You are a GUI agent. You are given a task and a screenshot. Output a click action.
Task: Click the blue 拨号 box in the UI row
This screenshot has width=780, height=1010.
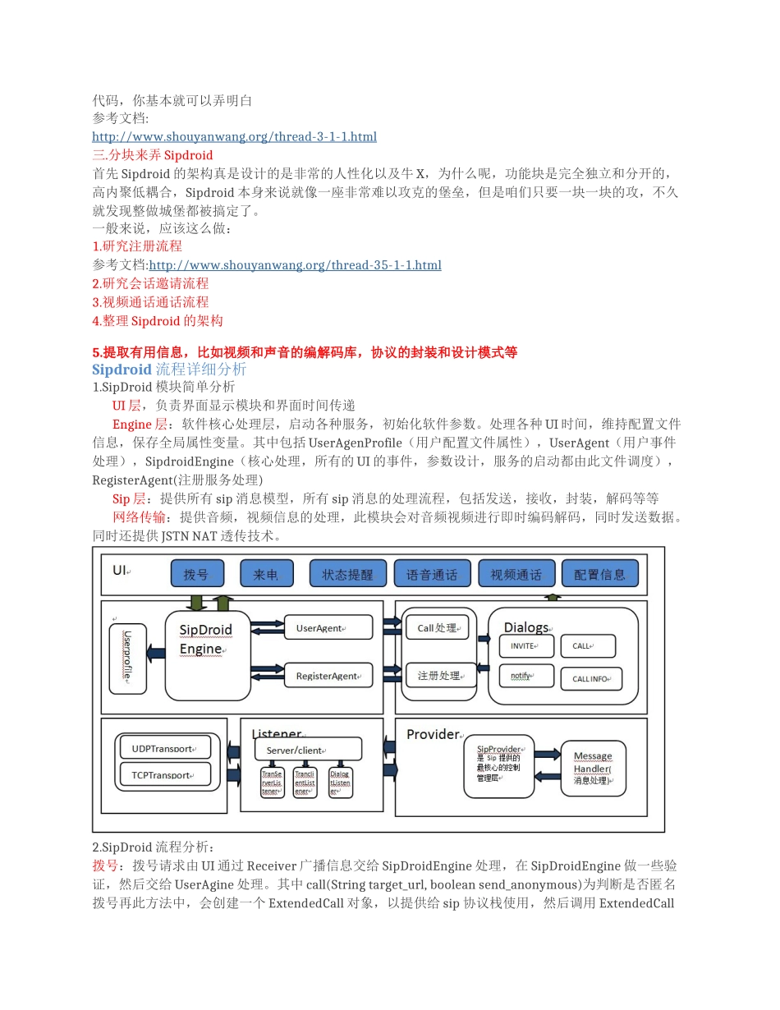(x=196, y=573)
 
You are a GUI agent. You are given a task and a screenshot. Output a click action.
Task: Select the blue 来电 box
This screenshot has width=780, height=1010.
(x=266, y=573)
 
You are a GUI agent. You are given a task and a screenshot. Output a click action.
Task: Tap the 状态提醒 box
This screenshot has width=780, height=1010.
(x=346, y=573)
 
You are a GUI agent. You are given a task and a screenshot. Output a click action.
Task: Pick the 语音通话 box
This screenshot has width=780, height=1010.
(x=432, y=573)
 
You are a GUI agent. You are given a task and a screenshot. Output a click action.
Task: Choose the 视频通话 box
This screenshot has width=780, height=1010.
(x=516, y=573)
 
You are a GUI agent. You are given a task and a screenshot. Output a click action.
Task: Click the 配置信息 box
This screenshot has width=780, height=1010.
(x=599, y=573)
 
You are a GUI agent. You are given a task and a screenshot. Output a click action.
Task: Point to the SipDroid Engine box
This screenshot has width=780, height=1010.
(x=209, y=654)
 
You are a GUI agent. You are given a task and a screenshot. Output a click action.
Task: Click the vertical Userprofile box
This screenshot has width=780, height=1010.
(x=128, y=658)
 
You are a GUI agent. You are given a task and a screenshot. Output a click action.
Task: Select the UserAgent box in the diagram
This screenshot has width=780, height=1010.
(x=328, y=627)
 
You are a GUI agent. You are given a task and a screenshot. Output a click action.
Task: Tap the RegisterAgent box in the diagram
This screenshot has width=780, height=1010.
(x=328, y=675)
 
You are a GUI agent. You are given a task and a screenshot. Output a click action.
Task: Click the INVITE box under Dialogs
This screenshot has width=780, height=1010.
(x=526, y=646)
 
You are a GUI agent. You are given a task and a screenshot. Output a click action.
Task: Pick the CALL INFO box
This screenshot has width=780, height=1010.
(x=591, y=679)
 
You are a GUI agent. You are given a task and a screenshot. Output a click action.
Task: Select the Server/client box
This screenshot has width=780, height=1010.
(x=307, y=749)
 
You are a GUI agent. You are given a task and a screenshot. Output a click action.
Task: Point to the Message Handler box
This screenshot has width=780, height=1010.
(x=593, y=768)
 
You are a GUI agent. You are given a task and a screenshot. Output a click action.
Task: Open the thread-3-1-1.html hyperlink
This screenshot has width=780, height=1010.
(x=234, y=136)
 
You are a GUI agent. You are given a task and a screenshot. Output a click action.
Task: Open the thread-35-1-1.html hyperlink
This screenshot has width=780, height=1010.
(x=295, y=264)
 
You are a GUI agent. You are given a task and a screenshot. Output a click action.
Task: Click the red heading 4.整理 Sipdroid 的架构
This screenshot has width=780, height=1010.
(x=158, y=320)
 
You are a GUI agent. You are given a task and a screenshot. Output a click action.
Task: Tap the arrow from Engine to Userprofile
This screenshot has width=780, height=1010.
(x=154, y=653)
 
